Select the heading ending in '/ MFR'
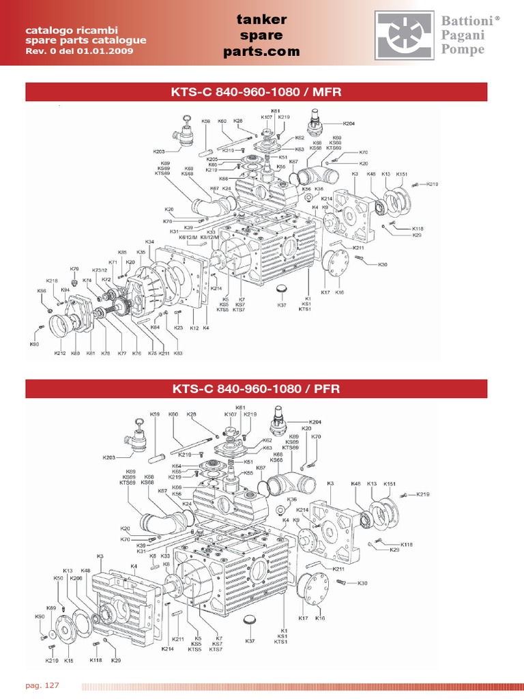click(x=257, y=92)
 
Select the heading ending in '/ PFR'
click(x=257, y=389)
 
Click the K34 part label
click(x=150, y=242)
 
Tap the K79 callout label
click(x=74, y=269)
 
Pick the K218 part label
click(x=52, y=281)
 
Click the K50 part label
click(x=59, y=578)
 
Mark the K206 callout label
click(x=76, y=578)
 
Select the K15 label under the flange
click(x=68, y=661)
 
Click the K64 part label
click(x=176, y=466)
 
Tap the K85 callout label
click(x=122, y=252)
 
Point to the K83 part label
click(x=178, y=353)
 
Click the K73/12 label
click(x=100, y=270)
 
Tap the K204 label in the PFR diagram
click(x=315, y=422)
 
